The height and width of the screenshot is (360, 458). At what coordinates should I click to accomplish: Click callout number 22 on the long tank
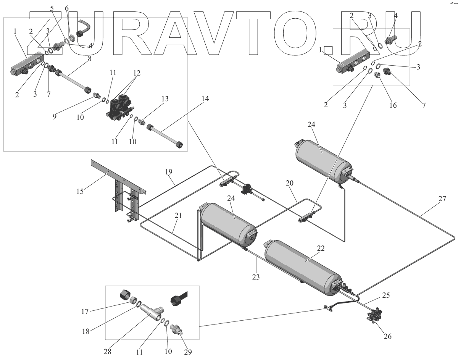click(x=321, y=248)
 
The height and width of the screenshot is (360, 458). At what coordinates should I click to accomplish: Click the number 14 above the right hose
click(x=205, y=98)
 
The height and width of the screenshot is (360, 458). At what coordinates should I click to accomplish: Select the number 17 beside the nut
click(x=85, y=312)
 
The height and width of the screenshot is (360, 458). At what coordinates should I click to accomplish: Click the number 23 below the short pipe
click(x=256, y=277)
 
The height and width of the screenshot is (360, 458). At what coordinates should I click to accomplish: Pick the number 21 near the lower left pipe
click(x=178, y=215)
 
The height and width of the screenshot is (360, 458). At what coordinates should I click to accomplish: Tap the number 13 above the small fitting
click(x=164, y=99)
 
